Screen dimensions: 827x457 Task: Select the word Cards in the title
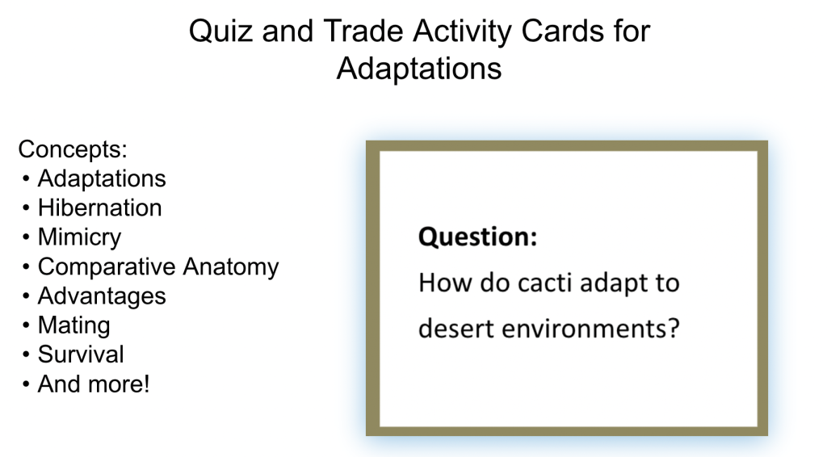tap(562, 31)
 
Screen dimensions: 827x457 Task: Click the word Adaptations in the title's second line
tap(419, 69)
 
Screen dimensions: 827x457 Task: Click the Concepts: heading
tap(73, 149)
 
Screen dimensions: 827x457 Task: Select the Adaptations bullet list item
tap(102, 179)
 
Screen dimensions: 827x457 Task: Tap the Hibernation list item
tap(99, 208)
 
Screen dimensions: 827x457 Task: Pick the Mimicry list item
tap(80, 237)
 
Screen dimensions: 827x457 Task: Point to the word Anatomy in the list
tap(231, 267)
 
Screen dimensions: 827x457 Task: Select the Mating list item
tap(73, 325)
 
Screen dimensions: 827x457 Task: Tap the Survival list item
tap(81, 354)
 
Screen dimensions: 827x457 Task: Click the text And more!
tap(94, 384)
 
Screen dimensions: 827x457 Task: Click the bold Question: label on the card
tap(478, 237)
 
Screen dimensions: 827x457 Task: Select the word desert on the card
tap(455, 329)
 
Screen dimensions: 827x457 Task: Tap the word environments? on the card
tap(590, 329)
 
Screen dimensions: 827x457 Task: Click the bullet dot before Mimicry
tap(26, 237)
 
